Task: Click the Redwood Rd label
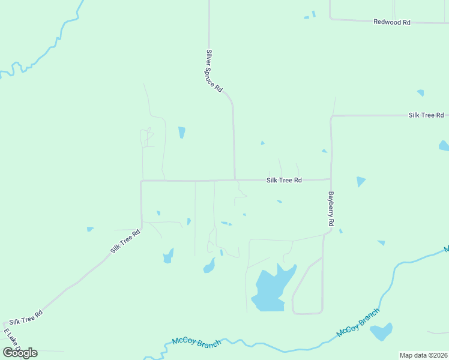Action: click(391, 22)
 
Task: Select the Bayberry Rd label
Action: click(331, 209)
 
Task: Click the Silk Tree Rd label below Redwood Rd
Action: click(426, 115)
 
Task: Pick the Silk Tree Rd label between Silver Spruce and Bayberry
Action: click(284, 180)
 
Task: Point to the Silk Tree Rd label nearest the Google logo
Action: click(26, 318)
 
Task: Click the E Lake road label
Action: click(12, 340)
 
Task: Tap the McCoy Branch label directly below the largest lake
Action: click(196, 341)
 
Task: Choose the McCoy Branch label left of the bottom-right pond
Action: click(358, 323)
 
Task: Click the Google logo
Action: click(20, 352)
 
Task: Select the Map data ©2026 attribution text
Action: click(424, 355)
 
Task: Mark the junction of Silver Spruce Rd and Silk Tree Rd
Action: click(235, 179)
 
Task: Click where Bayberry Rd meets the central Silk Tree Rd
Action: click(331, 179)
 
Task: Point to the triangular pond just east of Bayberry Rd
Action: click(360, 181)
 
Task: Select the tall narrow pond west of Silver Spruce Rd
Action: click(181, 132)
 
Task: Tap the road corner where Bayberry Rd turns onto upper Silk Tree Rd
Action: click(331, 116)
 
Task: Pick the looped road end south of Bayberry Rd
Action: click(307, 312)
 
